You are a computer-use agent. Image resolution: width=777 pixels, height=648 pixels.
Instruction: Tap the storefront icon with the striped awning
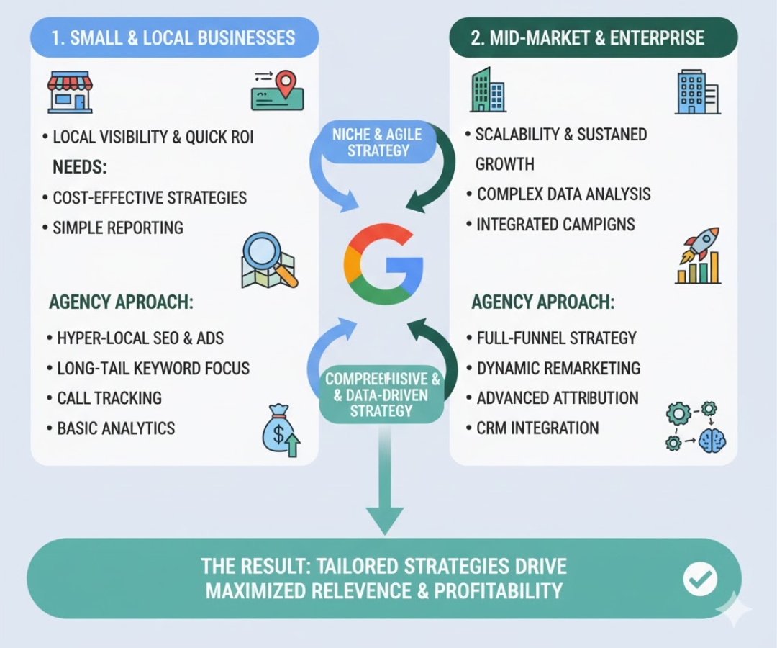(70, 92)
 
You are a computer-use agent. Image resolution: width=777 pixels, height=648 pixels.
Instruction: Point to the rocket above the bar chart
(698, 256)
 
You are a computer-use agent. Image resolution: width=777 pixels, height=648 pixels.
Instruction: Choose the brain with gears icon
(696, 427)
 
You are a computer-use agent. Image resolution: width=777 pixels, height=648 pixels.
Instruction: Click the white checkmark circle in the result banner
(699, 577)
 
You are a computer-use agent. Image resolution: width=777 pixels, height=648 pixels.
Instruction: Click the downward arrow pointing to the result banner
(385, 497)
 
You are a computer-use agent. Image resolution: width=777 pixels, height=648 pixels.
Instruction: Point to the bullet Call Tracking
(109, 398)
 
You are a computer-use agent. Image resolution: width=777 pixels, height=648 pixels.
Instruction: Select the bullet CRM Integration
(537, 428)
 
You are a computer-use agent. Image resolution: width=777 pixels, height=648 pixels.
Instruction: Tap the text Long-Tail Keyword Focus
(153, 368)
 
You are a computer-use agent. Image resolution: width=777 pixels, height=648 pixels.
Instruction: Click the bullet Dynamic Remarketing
(558, 368)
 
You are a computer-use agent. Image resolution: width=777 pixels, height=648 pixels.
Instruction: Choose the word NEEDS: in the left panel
(79, 168)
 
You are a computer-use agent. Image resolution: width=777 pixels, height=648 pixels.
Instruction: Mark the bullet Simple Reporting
(118, 228)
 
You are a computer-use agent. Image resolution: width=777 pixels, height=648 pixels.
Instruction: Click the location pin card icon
(277, 92)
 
